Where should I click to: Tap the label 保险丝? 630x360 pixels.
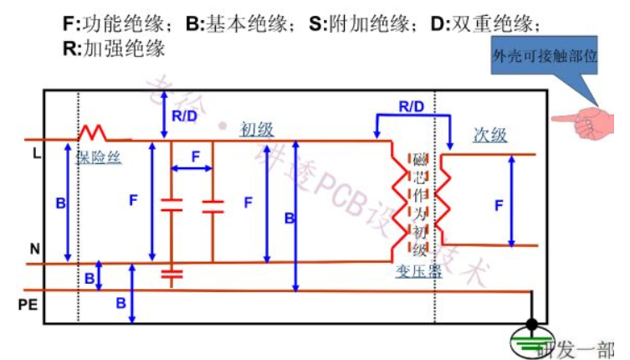tap(99, 157)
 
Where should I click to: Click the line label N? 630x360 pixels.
tap(34, 249)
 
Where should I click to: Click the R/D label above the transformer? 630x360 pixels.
tap(411, 107)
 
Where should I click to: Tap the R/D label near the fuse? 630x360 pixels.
tap(184, 116)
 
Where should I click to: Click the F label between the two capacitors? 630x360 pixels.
tap(195, 157)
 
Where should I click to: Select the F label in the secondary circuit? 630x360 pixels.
tap(499, 204)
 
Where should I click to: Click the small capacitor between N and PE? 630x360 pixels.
tap(171, 274)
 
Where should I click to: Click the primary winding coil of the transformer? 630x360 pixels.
tap(393, 201)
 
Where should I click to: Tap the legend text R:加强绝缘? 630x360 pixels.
tap(114, 48)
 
